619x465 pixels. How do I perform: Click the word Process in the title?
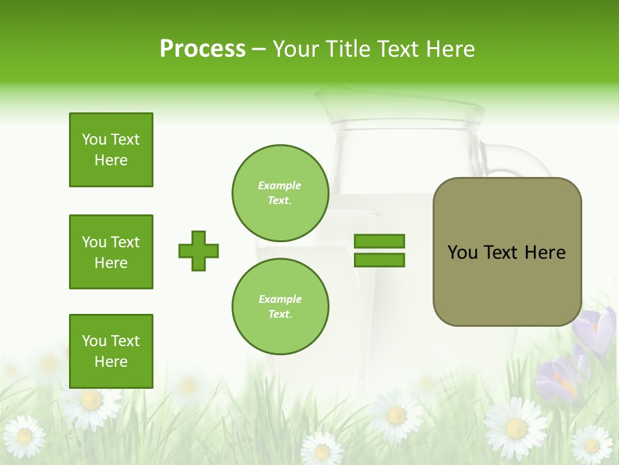click(x=202, y=49)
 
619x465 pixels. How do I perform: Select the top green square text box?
click(x=111, y=150)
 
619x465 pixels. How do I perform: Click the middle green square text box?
click(x=111, y=252)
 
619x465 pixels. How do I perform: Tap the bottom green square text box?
click(x=111, y=351)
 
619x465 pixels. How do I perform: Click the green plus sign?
click(x=199, y=251)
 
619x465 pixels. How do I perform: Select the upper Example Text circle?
click(x=280, y=192)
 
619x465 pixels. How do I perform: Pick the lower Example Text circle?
click(x=280, y=306)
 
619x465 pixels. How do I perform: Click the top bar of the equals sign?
click(x=379, y=241)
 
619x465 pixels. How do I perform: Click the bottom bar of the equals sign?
click(x=379, y=260)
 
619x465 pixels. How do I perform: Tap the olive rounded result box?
click(x=507, y=252)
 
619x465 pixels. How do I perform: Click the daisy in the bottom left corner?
click(x=25, y=437)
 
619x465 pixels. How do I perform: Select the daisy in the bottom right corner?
click(x=591, y=444)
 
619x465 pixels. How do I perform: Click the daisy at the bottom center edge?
click(x=322, y=449)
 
